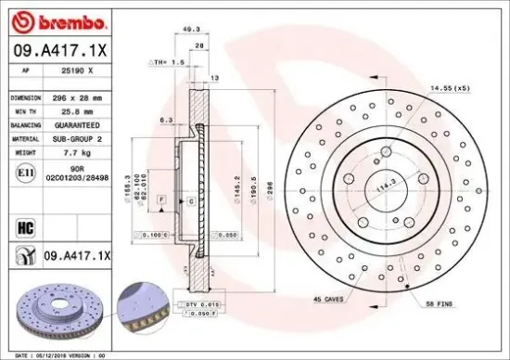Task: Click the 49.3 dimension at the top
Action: pyautogui.click(x=193, y=29)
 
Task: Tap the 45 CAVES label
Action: pyautogui.click(x=329, y=299)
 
